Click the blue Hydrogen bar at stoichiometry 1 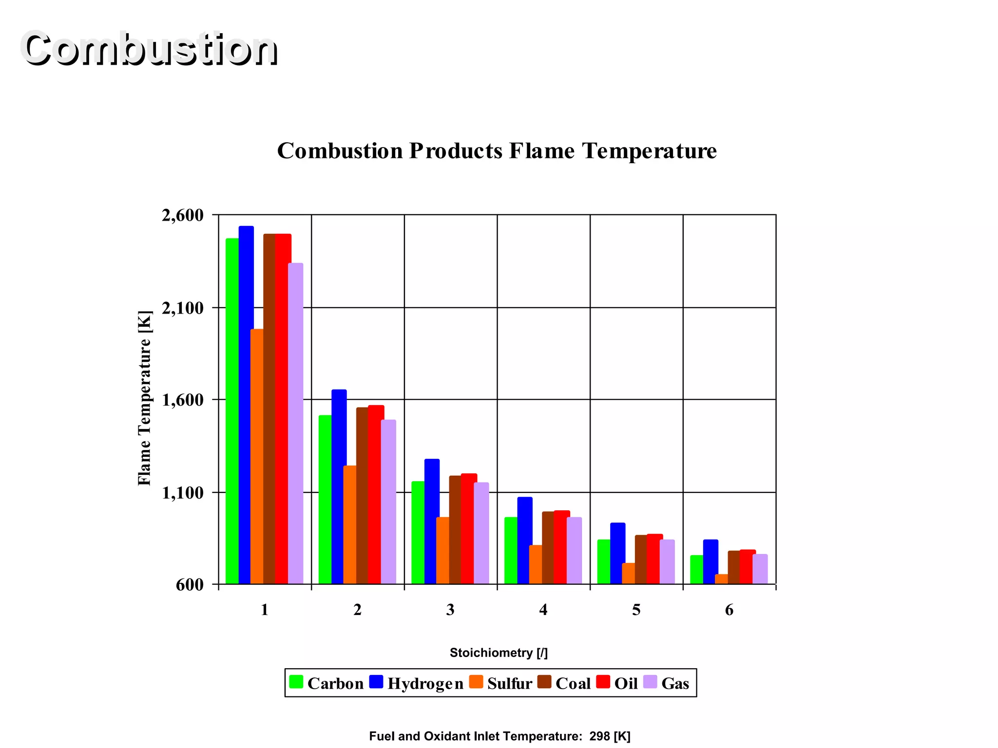tap(246, 404)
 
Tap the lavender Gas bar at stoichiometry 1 tap(295, 423)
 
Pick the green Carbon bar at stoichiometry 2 tap(325, 499)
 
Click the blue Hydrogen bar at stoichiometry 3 tap(432, 521)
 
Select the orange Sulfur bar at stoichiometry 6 tap(721, 579)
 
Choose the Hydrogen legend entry tap(417, 683)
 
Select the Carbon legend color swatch tap(296, 682)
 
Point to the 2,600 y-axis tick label tap(182, 215)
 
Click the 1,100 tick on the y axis tap(182, 493)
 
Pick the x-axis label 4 tap(543, 610)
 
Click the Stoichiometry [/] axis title tap(499, 653)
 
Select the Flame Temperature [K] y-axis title tap(145, 398)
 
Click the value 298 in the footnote tap(599, 736)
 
